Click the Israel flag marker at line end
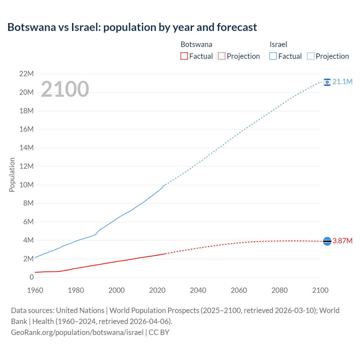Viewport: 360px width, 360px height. (327, 82)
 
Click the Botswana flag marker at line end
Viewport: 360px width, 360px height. (327, 241)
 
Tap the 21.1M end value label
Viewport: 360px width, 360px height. (342, 82)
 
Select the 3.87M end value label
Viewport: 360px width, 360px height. (342, 241)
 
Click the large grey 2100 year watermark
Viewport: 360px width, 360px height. (65, 89)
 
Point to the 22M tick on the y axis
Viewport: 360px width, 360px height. (26, 74)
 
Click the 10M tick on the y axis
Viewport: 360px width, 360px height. (26, 185)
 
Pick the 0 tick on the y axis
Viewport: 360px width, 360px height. (31, 277)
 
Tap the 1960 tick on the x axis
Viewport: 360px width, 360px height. (35, 290)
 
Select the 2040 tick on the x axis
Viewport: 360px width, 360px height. (198, 290)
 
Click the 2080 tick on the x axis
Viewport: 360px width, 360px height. (280, 290)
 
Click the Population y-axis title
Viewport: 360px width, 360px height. (12, 175)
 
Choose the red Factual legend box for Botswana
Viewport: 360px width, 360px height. (184, 56)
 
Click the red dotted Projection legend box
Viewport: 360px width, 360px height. (222, 56)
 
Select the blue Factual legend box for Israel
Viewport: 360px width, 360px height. (273, 56)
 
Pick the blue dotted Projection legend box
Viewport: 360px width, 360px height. (311, 56)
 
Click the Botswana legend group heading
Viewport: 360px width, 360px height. (196, 44)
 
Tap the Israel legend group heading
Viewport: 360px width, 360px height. (278, 44)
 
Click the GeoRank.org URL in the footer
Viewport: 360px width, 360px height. (77, 332)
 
